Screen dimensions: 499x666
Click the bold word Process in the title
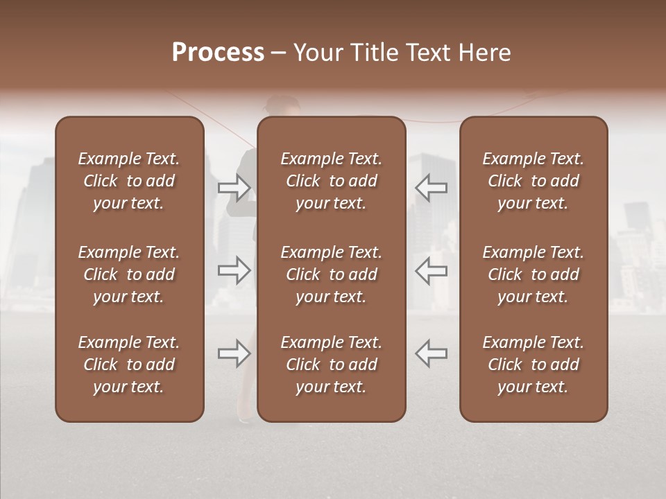click(218, 53)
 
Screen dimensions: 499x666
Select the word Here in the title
click(486, 53)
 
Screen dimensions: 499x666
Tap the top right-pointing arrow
click(234, 187)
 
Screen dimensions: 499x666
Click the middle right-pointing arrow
click(234, 270)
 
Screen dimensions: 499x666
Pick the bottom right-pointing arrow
click(234, 353)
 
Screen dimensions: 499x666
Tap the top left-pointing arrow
click(432, 187)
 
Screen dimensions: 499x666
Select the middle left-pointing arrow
click(432, 270)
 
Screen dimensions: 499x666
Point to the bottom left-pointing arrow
click(432, 353)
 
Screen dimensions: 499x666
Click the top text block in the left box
click(129, 181)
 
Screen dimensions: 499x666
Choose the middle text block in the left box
click(129, 274)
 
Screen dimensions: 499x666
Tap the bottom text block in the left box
click(129, 365)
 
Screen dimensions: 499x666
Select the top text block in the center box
click(332, 181)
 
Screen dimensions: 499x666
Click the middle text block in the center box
click(332, 274)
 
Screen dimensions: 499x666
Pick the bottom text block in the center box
click(332, 365)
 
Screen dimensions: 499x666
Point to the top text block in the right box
click(533, 181)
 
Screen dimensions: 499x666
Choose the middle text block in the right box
click(533, 274)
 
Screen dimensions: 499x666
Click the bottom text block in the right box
click(533, 365)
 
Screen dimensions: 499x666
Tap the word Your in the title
click(316, 53)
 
